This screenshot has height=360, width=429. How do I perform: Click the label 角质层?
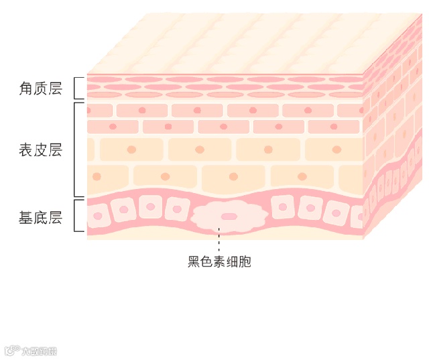click(x=40, y=88)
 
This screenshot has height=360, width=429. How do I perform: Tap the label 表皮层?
click(x=40, y=149)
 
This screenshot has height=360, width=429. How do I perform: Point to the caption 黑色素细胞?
click(x=219, y=261)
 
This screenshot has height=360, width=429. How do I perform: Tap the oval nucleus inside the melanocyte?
click(x=229, y=217)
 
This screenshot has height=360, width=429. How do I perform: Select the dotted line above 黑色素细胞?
click(x=219, y=241)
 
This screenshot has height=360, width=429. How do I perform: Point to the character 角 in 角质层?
click(x=26, y=88)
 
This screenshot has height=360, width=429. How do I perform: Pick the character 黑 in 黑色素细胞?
click(x=194, y=261)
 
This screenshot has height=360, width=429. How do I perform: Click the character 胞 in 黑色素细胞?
click(x=245, y=261)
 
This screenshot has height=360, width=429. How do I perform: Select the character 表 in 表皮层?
click(x=26, y=149)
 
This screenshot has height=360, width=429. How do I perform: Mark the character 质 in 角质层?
click(x=40, y=88)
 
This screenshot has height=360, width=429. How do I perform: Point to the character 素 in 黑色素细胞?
click(x=219, y=261)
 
